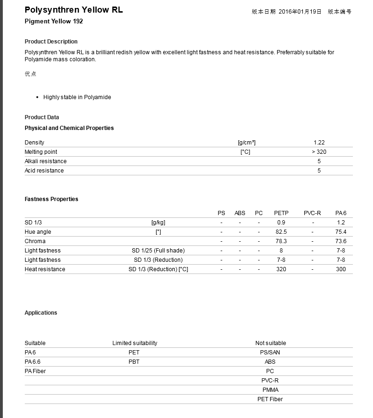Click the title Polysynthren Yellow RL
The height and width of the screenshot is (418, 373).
tap(73, 10)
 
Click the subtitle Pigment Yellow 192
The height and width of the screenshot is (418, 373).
tap(54, 22)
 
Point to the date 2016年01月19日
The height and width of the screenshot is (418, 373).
tap(300, 12)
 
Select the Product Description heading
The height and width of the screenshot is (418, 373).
tap(51, 42)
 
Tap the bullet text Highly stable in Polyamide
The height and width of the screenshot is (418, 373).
tap(77, 97)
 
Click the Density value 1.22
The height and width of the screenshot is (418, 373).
tap(319, 143)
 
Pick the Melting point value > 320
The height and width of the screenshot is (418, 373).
tap(319, 152)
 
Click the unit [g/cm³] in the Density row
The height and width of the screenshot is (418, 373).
tap(246, 143)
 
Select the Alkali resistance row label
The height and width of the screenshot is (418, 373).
tap(45, 161)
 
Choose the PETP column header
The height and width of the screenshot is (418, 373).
tap(281, 213)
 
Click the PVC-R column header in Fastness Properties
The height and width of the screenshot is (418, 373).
tap(312, 213)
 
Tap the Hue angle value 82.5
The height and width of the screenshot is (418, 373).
tap(281, 232)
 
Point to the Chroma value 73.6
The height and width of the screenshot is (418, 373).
tap(341, 241)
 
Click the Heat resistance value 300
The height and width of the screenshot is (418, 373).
tap(341, 269)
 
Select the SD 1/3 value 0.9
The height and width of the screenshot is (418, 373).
tap(281, 223)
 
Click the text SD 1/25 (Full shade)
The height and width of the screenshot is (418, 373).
tap(158, 251)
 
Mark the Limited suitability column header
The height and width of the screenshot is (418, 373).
tap(135, 343)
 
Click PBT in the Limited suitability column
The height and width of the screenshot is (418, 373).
tap(134, 362)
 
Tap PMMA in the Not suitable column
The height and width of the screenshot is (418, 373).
tap(270, 390)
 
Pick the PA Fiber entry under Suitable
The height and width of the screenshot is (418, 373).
tap(35, 371)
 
